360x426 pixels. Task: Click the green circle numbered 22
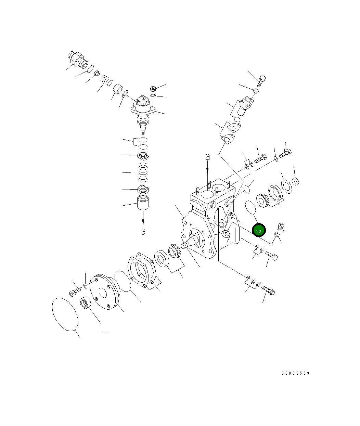pyautogui.click(x=259, y=231)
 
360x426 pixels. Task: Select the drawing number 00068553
pyautogui.click(x=295, y=373)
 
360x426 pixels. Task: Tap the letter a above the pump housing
pyautogui.click(x=207, y=157)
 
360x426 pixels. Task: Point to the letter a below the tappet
pyautogui.click(x=143, y=232)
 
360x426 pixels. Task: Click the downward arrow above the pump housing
pyautogui.click(x=207, y=168)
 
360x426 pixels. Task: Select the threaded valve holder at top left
pyautogui.click(x=77, y=59)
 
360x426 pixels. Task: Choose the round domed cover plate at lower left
pyautogui.click(x=104, y=292)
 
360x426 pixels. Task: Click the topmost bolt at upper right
pyautogui.click(x=262, y=81)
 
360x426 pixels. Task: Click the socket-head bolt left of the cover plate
pyautogui.click(x=75, y=292)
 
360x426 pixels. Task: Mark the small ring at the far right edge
pyautogui.click(x=296, y=180)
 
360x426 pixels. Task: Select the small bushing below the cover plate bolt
pyautogui.click(x=85, y=304)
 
